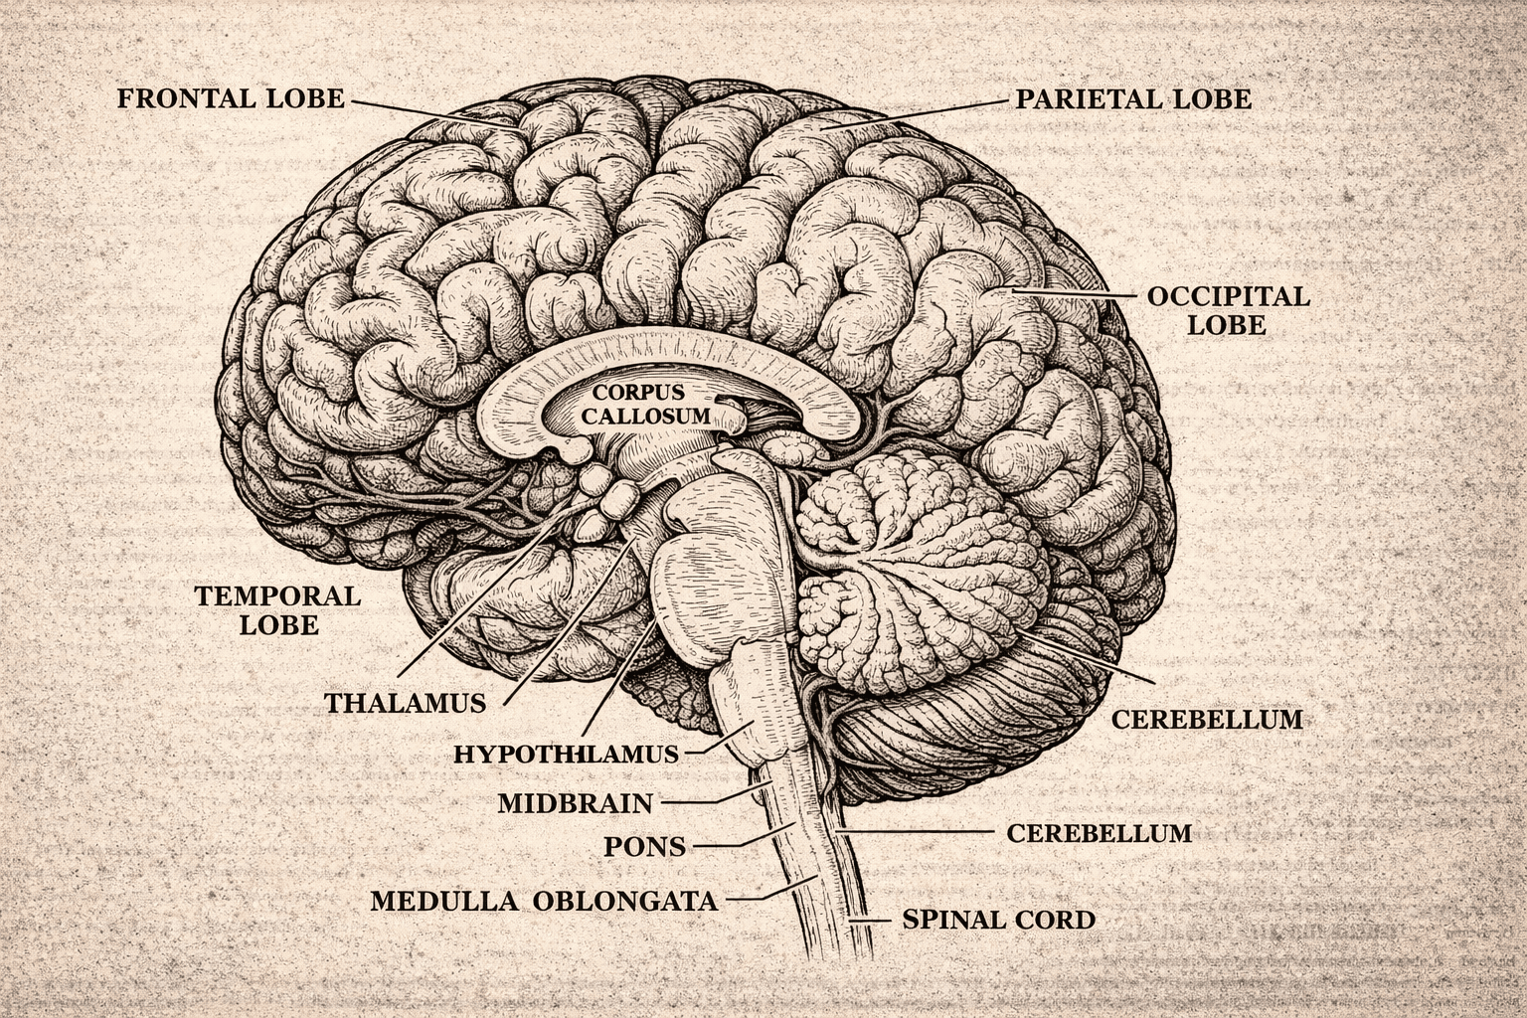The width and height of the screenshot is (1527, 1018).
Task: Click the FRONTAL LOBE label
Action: pos(231,98)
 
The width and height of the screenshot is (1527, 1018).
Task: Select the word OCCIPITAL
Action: pos(1228,296)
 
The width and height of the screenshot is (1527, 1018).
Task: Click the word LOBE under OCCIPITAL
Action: pos(1228,325)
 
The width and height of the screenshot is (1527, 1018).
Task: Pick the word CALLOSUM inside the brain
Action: pos(646,416)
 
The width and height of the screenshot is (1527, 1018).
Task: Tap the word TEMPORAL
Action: pos(276,596)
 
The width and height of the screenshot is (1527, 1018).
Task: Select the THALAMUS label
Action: pos(406,703)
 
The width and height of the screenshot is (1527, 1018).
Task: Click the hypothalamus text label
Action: pos(566,755)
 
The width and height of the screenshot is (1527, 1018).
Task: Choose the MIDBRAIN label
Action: pos(575,802)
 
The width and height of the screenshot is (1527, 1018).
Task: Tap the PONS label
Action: pos(644,847)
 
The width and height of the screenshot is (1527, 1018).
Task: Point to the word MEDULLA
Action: pos(443,902)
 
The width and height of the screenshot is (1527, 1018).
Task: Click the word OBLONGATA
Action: pos(625,902)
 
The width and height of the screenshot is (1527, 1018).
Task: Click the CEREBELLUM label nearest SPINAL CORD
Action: pos(1099,832)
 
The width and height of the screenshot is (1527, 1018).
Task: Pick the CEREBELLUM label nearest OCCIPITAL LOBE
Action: pos(1206,719)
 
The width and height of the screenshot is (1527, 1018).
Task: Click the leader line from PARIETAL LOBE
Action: pos(915,113)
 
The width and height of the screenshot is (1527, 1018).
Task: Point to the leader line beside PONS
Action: pos(736,843)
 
